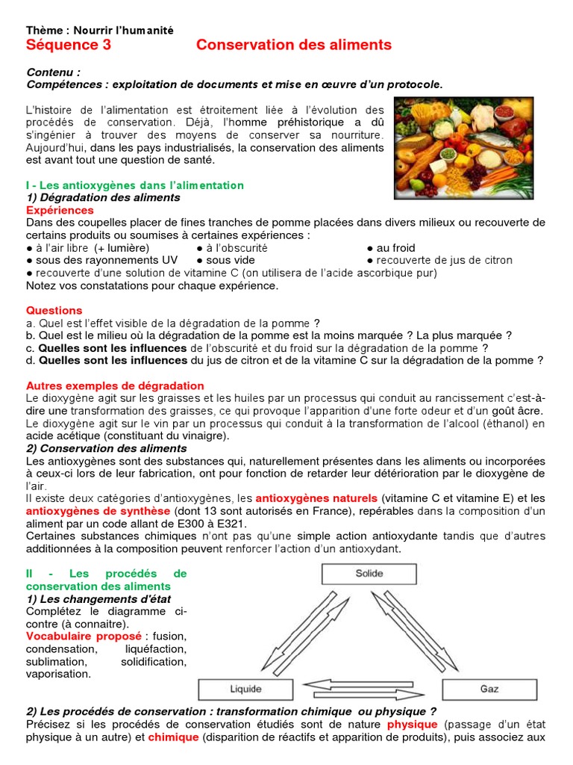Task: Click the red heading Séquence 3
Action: coord(69,45)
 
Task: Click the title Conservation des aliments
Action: coord(293,45)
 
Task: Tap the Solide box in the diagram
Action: coord(369,573)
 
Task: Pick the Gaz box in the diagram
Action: coord(489,688)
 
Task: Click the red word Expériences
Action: coord(60,210)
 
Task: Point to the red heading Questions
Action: coord(54,310)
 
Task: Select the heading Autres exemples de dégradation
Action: coord(115,385)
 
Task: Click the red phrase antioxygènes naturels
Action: coord(316,498)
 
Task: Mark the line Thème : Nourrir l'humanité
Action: coord(99,30)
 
